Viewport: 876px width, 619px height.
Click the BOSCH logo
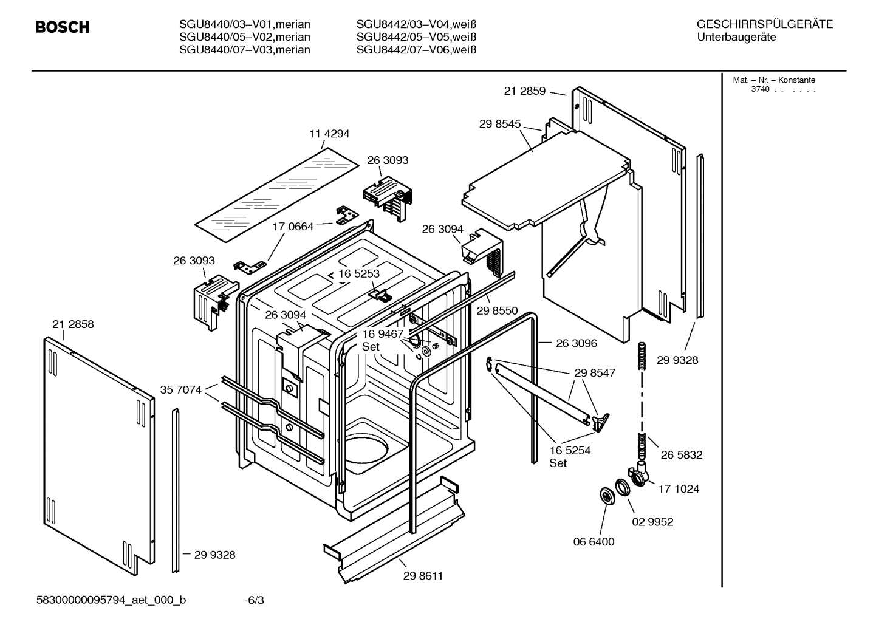tap(62, 27)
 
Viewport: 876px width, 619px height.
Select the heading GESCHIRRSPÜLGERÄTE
tap(764, 25)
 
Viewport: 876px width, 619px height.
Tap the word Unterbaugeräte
tap(736, 38)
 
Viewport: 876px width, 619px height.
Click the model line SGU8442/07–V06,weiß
tap(416, 50)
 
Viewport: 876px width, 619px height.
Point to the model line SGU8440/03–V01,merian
tap(244, 25)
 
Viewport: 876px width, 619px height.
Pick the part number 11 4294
tap(329, 134)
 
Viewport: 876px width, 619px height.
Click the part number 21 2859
tap(524, 92)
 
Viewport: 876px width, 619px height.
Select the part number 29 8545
tap(499, 124)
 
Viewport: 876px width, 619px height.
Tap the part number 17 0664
tap(293, 227)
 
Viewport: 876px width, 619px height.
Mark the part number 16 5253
tap(358, 273)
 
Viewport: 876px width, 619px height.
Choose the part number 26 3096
tap(576, 343)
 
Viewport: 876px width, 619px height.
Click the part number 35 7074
tap(180, 390)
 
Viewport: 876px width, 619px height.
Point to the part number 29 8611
tap(423, 576)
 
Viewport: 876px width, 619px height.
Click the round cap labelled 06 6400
tap(606, 496)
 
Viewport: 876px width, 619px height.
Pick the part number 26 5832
tap(681, 455)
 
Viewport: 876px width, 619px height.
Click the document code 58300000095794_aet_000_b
tap(111, 601)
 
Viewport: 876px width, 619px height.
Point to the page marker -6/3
tap(254, 601)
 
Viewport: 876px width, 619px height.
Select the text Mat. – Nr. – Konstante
tap(774, 80)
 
